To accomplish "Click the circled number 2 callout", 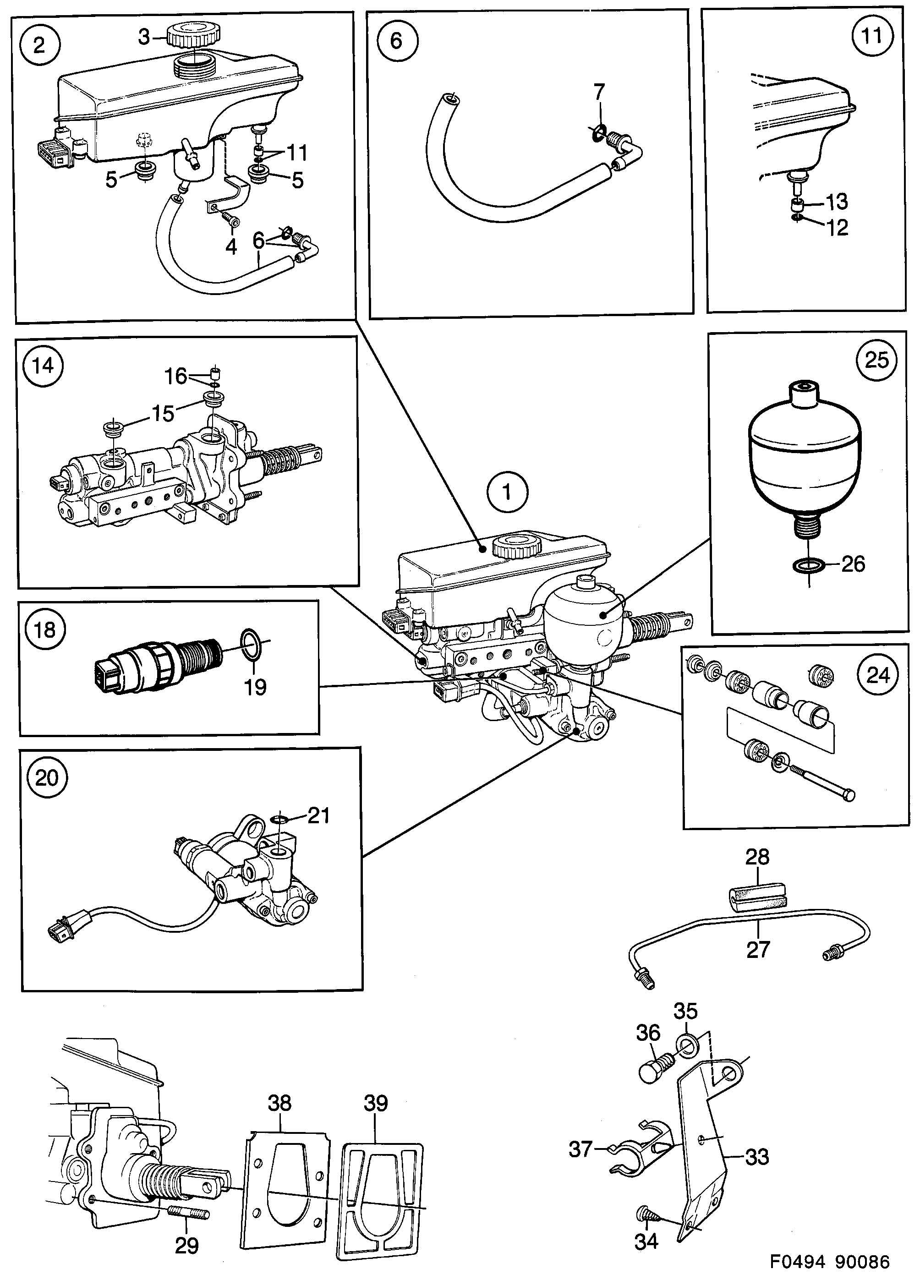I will (38, 44).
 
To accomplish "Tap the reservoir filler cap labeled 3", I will (192, 37).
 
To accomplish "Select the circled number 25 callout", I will (876, 360).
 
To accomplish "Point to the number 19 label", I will (255, 687).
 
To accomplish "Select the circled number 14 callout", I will (43, 365).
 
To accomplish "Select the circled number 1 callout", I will (507, 492).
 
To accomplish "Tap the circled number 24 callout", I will (877, 675).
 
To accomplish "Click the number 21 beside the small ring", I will (318, 815).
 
